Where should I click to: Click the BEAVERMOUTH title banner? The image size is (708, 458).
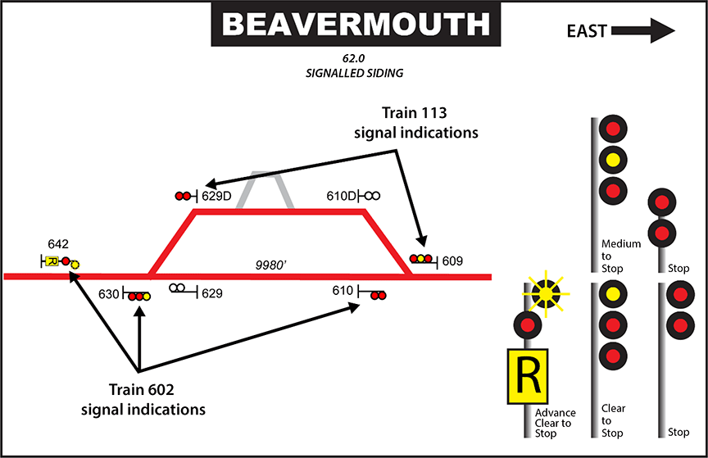click(x=355, y=24)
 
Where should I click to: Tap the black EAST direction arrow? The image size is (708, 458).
click(x=643, y=31)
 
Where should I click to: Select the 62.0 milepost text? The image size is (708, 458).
click(x=355, y=60)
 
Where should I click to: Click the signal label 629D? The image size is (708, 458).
click(x=217, y=196)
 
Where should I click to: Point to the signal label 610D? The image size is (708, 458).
click(x=341, y=196)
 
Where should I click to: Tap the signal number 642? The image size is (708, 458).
click(x=58, y=243)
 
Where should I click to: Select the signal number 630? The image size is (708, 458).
click(x=109, y=292)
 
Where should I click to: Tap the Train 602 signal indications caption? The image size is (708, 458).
click(x=154, y=397)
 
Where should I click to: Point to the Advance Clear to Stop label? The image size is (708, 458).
click(x=555, y=422)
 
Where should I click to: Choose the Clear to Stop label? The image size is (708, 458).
click(x=613, y=419)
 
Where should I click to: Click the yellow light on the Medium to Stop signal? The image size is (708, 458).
click(x=610, y=159)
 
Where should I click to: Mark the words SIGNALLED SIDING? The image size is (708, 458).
click(x=353, y=74)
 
